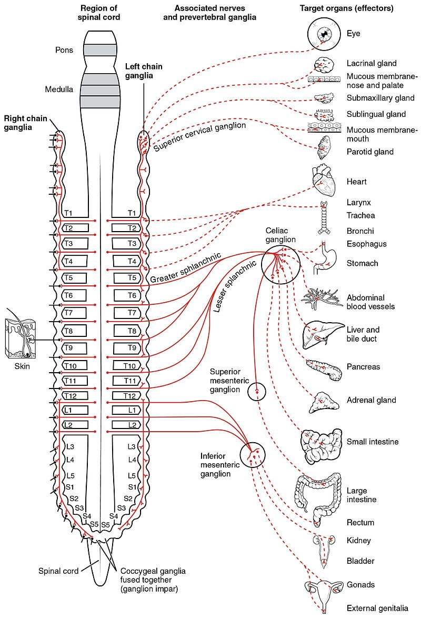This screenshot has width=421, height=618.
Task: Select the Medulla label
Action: [58, 89]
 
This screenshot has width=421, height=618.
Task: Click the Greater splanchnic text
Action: [185, 268]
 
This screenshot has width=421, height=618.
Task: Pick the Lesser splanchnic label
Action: [237, 287]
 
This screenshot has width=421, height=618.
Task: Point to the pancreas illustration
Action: [324, 369]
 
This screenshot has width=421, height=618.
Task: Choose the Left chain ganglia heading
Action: [143, 71]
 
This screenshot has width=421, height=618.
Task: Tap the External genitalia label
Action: [377, 608]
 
